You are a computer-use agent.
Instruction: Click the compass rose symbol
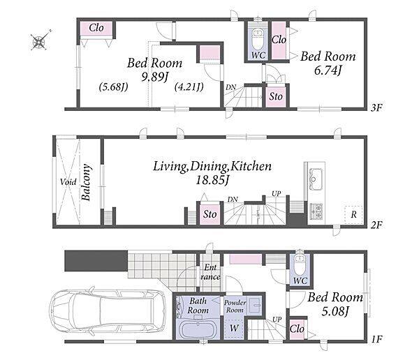[x=40, y=40]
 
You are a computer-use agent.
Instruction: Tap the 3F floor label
[x=377, y=108]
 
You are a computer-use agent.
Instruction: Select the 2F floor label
[x=377, y=225]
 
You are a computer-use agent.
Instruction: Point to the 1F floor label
[x=377, y=340]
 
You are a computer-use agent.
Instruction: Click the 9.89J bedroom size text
[x=155, y=77]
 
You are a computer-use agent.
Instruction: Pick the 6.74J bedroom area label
[x=328, y=70]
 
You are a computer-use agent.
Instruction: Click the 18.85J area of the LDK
[x=212, y=181]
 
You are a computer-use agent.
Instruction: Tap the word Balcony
[x=86, y=182]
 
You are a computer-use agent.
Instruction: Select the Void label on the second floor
[x=68, y=182]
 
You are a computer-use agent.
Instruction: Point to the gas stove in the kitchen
[x=316, y=211]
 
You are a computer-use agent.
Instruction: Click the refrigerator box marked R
[x=353, y=214]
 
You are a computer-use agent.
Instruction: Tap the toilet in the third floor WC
[x=258, y=39]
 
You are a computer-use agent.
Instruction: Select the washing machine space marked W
[x=234, y=328]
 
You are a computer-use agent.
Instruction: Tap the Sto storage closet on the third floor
[x=276, y=96]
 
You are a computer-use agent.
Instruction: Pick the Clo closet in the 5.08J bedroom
[x=297, y=329]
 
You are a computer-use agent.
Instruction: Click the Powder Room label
[x=235, y=306]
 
